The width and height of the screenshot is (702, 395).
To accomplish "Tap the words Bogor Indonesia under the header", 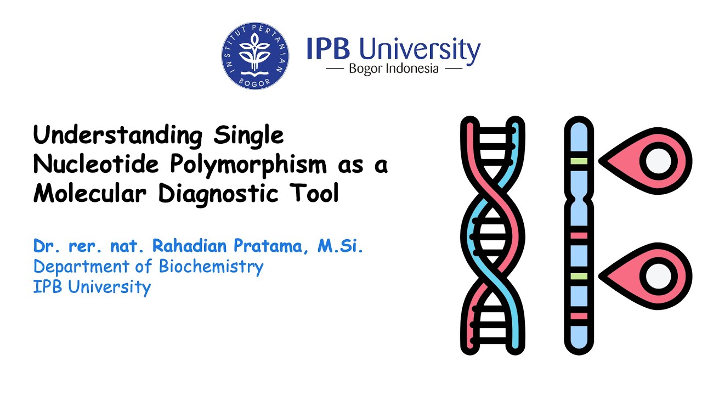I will point(394,69).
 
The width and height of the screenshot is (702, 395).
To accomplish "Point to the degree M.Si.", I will point(341,246).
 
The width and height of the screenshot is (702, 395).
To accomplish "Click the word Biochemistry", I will point(211,267).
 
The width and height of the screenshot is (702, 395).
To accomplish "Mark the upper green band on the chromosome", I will point(579,161).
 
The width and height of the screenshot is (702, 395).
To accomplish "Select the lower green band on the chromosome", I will point(579,276).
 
